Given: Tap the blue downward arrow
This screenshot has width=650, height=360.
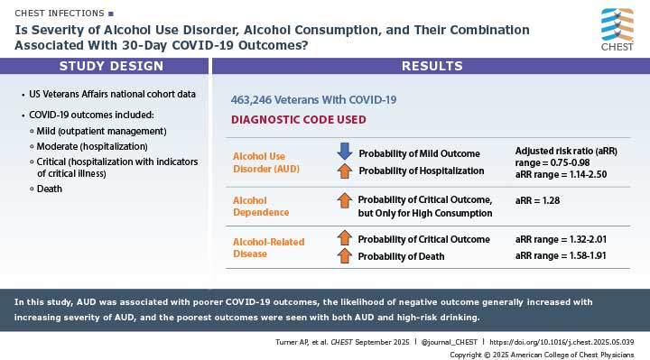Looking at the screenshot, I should (x=344, y=152).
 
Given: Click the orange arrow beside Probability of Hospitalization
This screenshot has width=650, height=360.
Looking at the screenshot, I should (x=344, y=171).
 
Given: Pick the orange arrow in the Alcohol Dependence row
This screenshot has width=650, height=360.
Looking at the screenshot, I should (x=344, y=200).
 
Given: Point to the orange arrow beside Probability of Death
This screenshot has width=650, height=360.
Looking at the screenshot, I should (x=344, y=256).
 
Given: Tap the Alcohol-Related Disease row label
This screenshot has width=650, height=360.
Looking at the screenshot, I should (x=269, y=248).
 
